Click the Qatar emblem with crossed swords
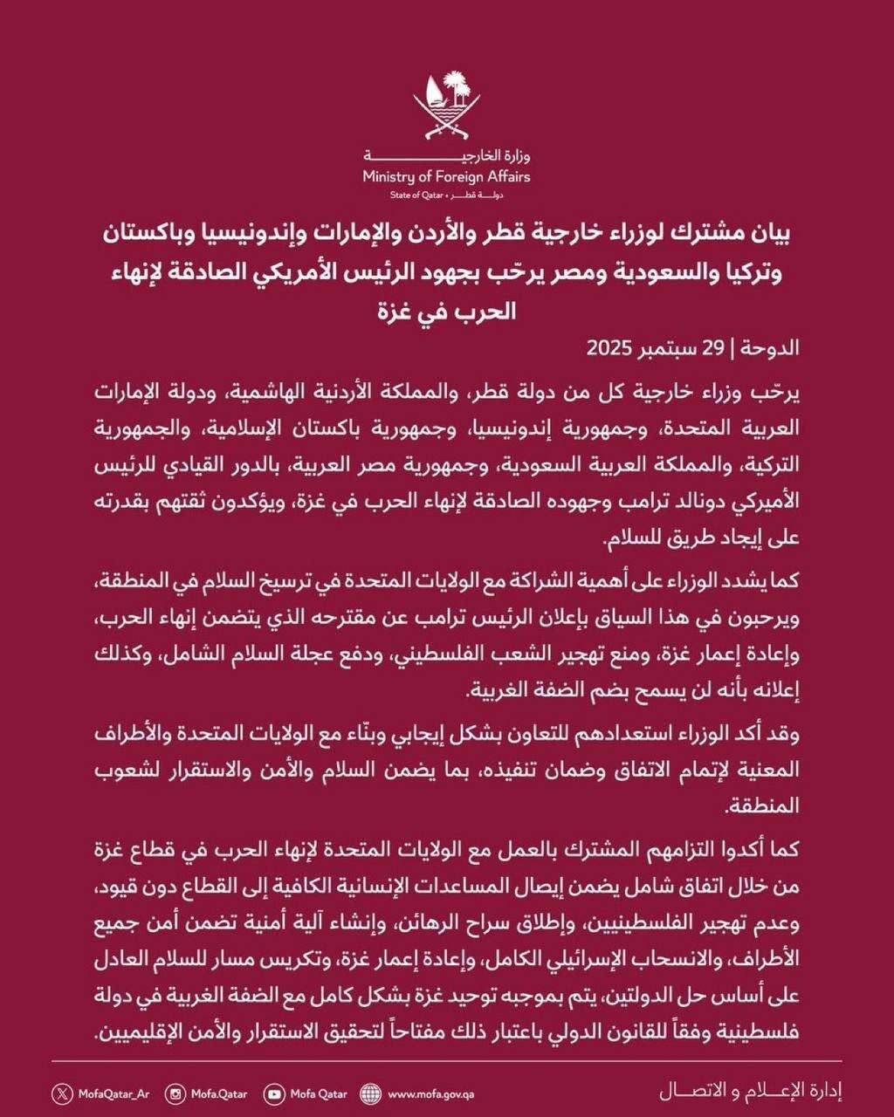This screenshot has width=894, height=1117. [447, 105]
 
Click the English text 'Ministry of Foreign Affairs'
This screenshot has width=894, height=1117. [447, 177]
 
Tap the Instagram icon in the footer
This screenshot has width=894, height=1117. [175, 1093]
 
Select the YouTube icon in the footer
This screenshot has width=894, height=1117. [275, 1093]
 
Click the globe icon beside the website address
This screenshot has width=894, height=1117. [370, 1093]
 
